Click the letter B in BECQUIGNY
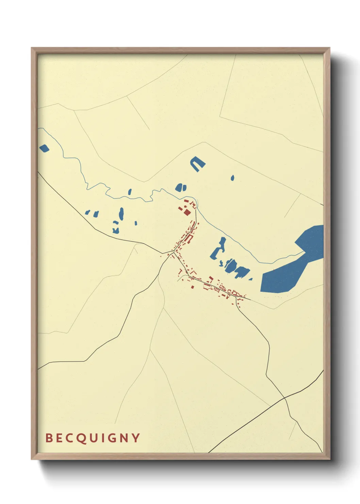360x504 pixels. tap(49, 438)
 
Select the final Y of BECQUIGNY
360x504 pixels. tap(136, 438)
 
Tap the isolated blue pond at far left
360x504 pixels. tap(44, 148)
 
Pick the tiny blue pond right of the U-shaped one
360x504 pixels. tap(232, 178)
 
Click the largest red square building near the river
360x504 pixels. tap(187, 212)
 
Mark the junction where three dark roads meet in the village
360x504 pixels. tap(174, 251)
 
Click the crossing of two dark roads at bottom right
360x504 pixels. tap(284, 397)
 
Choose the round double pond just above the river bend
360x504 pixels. tap(181, 187)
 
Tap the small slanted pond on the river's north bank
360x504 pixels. tap(130, 192)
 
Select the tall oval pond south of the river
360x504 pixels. tap(121, 214)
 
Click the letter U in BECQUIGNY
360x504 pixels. tap(93, 438)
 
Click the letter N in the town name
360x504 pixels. tap(125, 438)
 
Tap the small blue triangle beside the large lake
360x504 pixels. tap(250, 279)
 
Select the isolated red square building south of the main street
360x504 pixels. tap(192, 286)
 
